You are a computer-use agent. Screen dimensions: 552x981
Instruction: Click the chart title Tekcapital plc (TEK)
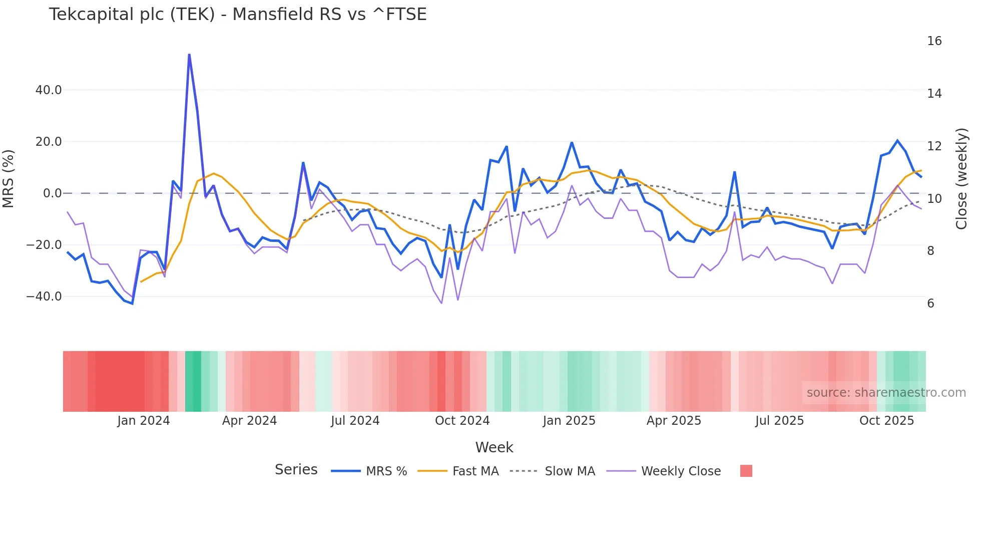(237, 15)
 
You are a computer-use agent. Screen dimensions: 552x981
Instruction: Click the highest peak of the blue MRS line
(189, 55)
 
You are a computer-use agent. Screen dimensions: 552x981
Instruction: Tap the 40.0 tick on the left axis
(49, 90)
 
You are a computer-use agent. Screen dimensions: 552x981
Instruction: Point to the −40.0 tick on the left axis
(45, 297)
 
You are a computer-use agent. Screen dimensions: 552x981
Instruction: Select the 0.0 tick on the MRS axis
(53, 193)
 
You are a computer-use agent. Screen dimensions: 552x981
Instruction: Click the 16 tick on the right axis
(934, 41)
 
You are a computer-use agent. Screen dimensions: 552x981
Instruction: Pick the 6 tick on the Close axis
(930, 304)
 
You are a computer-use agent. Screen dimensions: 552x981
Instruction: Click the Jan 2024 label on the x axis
(144, 421)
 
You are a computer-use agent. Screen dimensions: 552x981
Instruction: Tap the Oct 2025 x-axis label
(886, 421)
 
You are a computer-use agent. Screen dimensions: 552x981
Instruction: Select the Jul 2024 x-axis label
(355, 421)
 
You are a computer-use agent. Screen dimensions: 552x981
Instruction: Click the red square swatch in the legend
(746, 471)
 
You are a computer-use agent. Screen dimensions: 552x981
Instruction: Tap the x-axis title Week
(494, 447)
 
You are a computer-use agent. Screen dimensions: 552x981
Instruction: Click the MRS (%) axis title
(9, 179)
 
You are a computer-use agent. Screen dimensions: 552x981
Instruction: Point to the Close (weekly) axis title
(961, 179)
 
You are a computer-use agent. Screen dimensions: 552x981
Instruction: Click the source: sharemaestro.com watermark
(886, 393)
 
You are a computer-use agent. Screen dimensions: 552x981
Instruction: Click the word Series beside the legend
(296, 470)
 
